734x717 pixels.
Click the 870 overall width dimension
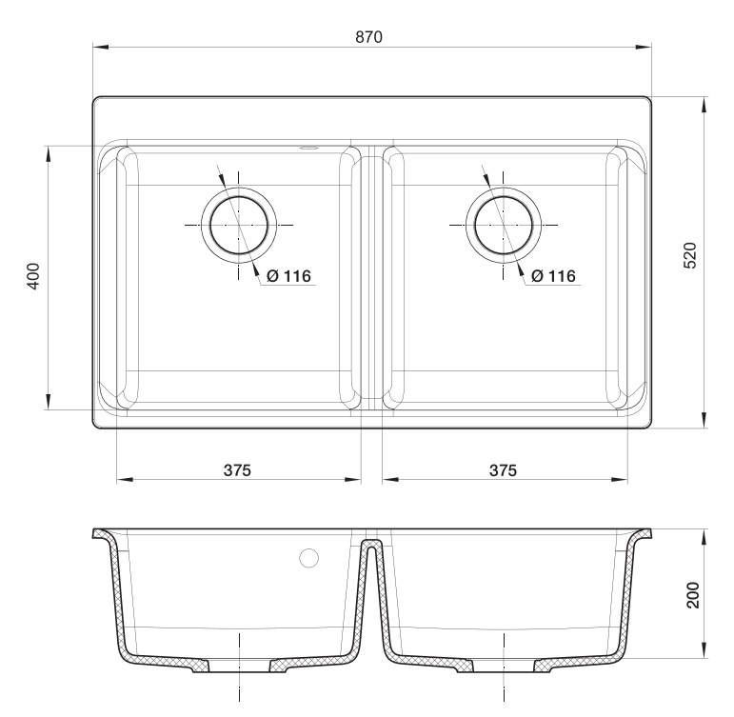point(368,37)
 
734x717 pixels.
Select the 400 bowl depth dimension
point(32,276)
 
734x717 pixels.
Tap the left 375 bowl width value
point(238,469)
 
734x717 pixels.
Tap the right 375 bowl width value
point(503,469)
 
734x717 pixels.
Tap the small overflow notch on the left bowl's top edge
point(308,148)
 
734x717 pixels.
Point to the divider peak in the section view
point(371,544)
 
